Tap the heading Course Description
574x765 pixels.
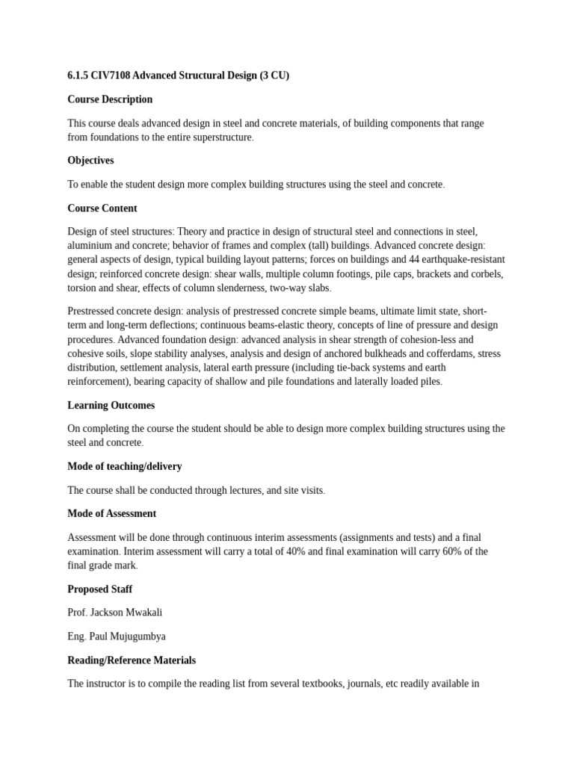tap(110, 99)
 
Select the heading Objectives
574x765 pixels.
tap(90, 161)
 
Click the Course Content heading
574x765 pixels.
tap(102, 208)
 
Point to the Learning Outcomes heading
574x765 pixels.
tap(111, 405)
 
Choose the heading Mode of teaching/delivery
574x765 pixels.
tap(125, 466)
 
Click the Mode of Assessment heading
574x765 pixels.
tap(112, 514)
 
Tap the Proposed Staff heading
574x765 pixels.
tap(100, 589)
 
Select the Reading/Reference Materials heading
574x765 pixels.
tap(132, 660)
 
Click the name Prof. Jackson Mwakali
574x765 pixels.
tap(114, 613)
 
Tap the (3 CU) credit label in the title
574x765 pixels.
tap(274, 75)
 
